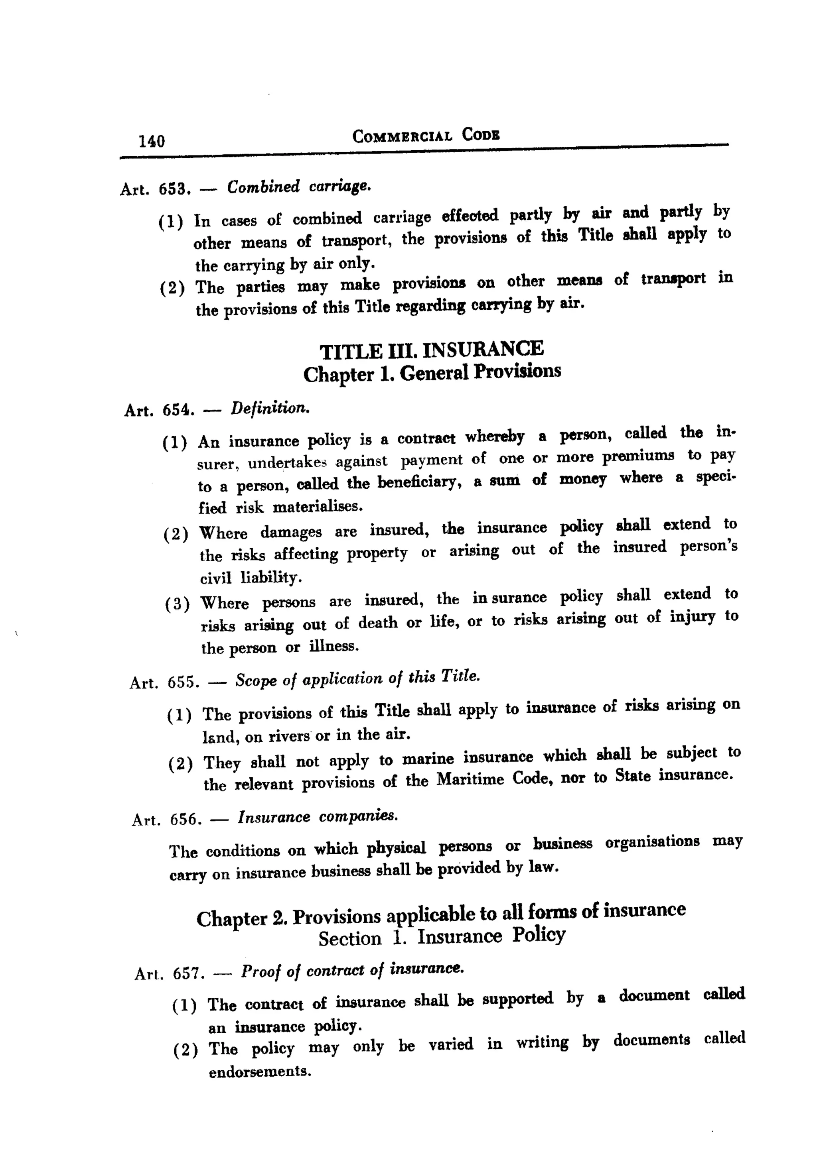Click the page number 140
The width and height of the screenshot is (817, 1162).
(152, 140)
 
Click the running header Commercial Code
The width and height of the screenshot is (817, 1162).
(426, 136)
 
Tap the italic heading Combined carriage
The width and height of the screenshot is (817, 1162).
(298, 187)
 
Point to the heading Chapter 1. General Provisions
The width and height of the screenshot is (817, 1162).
(432, 373)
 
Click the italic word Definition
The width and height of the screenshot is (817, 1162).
(269, 408)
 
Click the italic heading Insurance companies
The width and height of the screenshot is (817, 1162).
(318, 817)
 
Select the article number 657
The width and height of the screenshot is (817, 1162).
(188, 973)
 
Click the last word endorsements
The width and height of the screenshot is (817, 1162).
(259, 1072)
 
